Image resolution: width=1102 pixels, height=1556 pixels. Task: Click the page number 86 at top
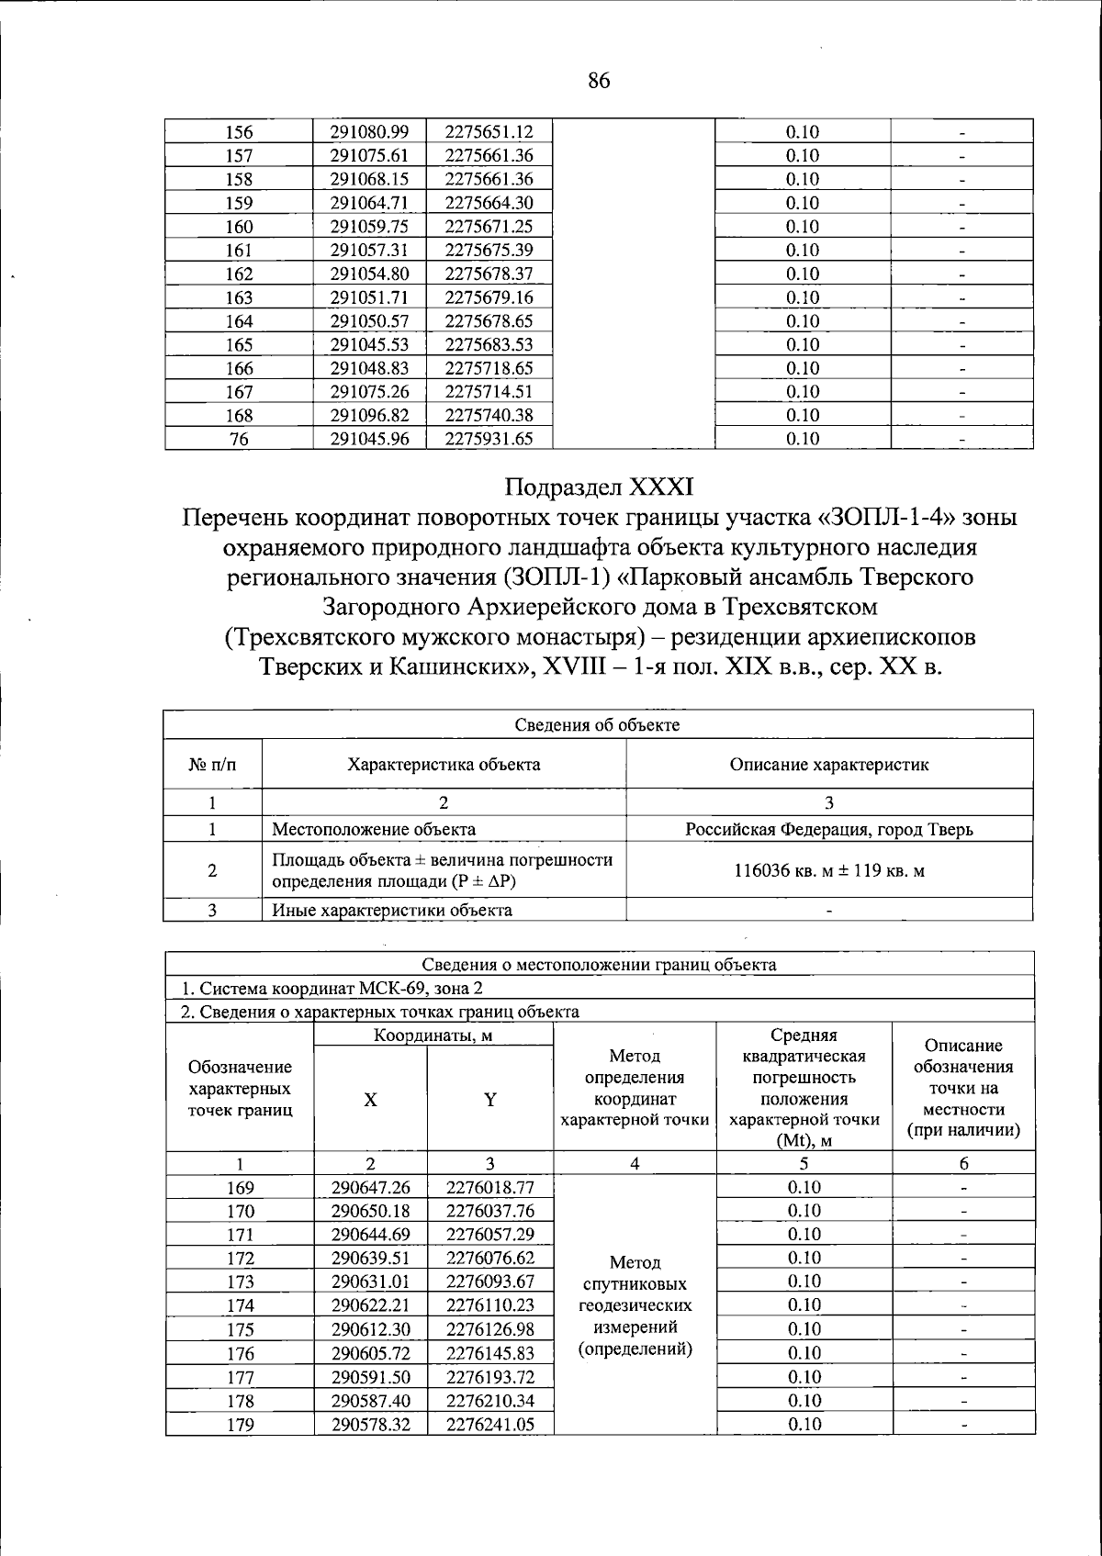click(x=598, y=81)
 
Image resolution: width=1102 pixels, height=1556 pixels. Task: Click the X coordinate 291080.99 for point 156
click(x=369, y=131)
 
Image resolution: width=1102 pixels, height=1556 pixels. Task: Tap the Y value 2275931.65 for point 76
click(x=489, y=439)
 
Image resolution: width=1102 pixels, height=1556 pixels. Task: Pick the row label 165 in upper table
click(x=239, y=344)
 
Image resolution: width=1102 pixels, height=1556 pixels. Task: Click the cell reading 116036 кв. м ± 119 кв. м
click(x=828, y=870)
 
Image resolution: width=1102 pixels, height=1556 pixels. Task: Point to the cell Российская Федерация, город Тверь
click(x=828, y=830)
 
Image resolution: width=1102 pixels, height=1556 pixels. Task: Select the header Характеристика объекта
click(x=444, y=764)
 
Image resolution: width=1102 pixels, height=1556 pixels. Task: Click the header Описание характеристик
click(x=828, y=764)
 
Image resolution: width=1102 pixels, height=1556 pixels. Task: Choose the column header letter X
click(x=369, y=1100)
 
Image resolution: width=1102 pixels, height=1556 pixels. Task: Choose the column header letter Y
click(x=490, y=1100)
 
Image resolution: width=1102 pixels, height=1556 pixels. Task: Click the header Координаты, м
click(x=433, y=1035)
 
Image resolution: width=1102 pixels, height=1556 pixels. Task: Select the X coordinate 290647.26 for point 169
click(x=369, y=1188)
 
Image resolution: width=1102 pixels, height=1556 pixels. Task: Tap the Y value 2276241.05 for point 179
click(x=489, y=1425)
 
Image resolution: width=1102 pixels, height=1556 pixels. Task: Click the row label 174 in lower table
click(x=240, y=1305)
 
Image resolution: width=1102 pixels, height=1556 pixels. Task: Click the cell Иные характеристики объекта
click(x=392, y=911)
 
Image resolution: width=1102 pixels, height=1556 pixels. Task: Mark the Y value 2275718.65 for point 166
click(x=489, y=368)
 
